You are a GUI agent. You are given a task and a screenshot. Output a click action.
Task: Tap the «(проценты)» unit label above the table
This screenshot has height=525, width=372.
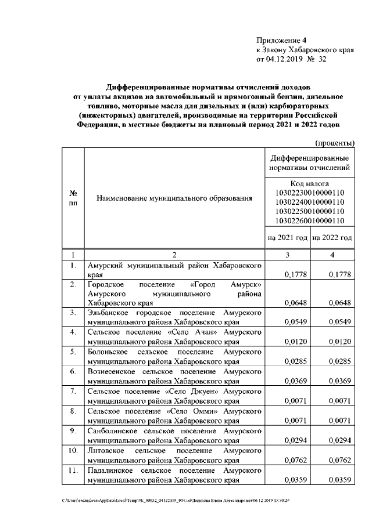pos(334,143)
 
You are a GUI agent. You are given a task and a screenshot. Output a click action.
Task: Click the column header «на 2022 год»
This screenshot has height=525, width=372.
pos(332,238)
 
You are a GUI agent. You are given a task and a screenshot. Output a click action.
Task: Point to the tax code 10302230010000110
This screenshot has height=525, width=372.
pos(310,193)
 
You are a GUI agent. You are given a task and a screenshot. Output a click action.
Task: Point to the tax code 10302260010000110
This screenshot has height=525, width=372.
pos(310,220)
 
